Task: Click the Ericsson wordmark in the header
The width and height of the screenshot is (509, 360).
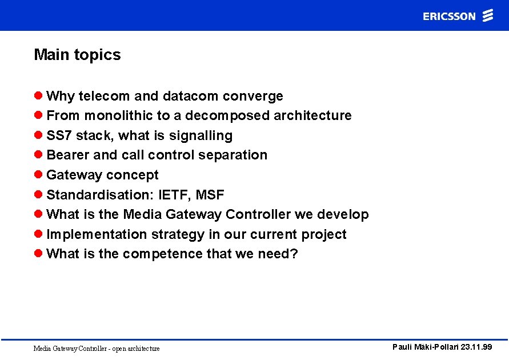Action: point(449,17)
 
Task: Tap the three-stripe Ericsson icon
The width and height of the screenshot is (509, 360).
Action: point(487,15)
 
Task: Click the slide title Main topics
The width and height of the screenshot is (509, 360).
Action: point(77,55)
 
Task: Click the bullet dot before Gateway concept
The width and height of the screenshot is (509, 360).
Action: point(38,175)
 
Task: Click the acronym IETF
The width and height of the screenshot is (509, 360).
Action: point(173,195)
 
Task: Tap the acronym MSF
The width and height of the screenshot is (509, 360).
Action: point(210,195)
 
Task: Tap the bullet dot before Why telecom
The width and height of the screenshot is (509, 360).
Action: point(38,96)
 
